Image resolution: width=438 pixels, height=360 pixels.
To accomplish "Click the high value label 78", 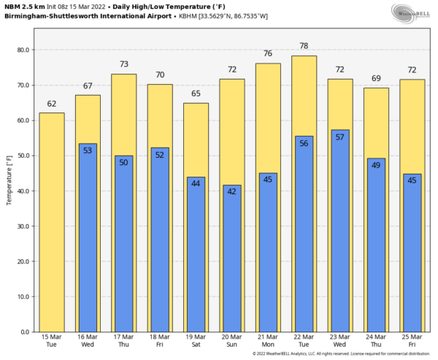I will pos(304,46).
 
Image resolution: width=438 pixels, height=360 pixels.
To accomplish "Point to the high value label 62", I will pos(51,104).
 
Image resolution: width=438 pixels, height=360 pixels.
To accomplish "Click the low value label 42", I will pos(232,192).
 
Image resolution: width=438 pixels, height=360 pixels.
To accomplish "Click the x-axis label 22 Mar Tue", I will pos(304,340).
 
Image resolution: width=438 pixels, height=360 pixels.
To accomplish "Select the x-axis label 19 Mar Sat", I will pos(196,340).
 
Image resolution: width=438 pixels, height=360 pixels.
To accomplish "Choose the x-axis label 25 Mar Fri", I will pos(412,340).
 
